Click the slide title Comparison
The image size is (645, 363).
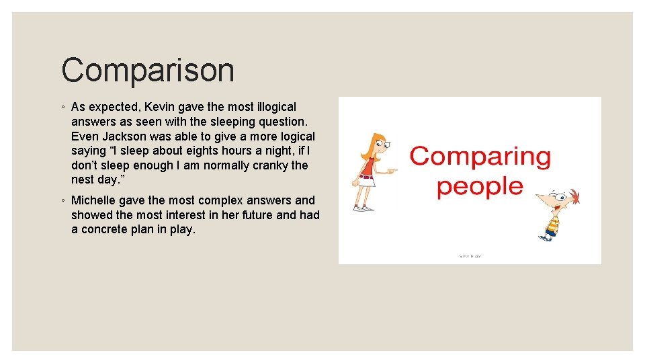[x=148, y=71]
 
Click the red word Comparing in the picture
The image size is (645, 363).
[x=480, y=157]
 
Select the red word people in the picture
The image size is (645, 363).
[x=480, y=186]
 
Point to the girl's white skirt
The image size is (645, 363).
[x=366, y=181]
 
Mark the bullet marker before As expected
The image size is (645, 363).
[x=62, y=108]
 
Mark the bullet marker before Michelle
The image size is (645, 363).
[x=62, y=201]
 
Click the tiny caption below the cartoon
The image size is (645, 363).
[x=469, y=256]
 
